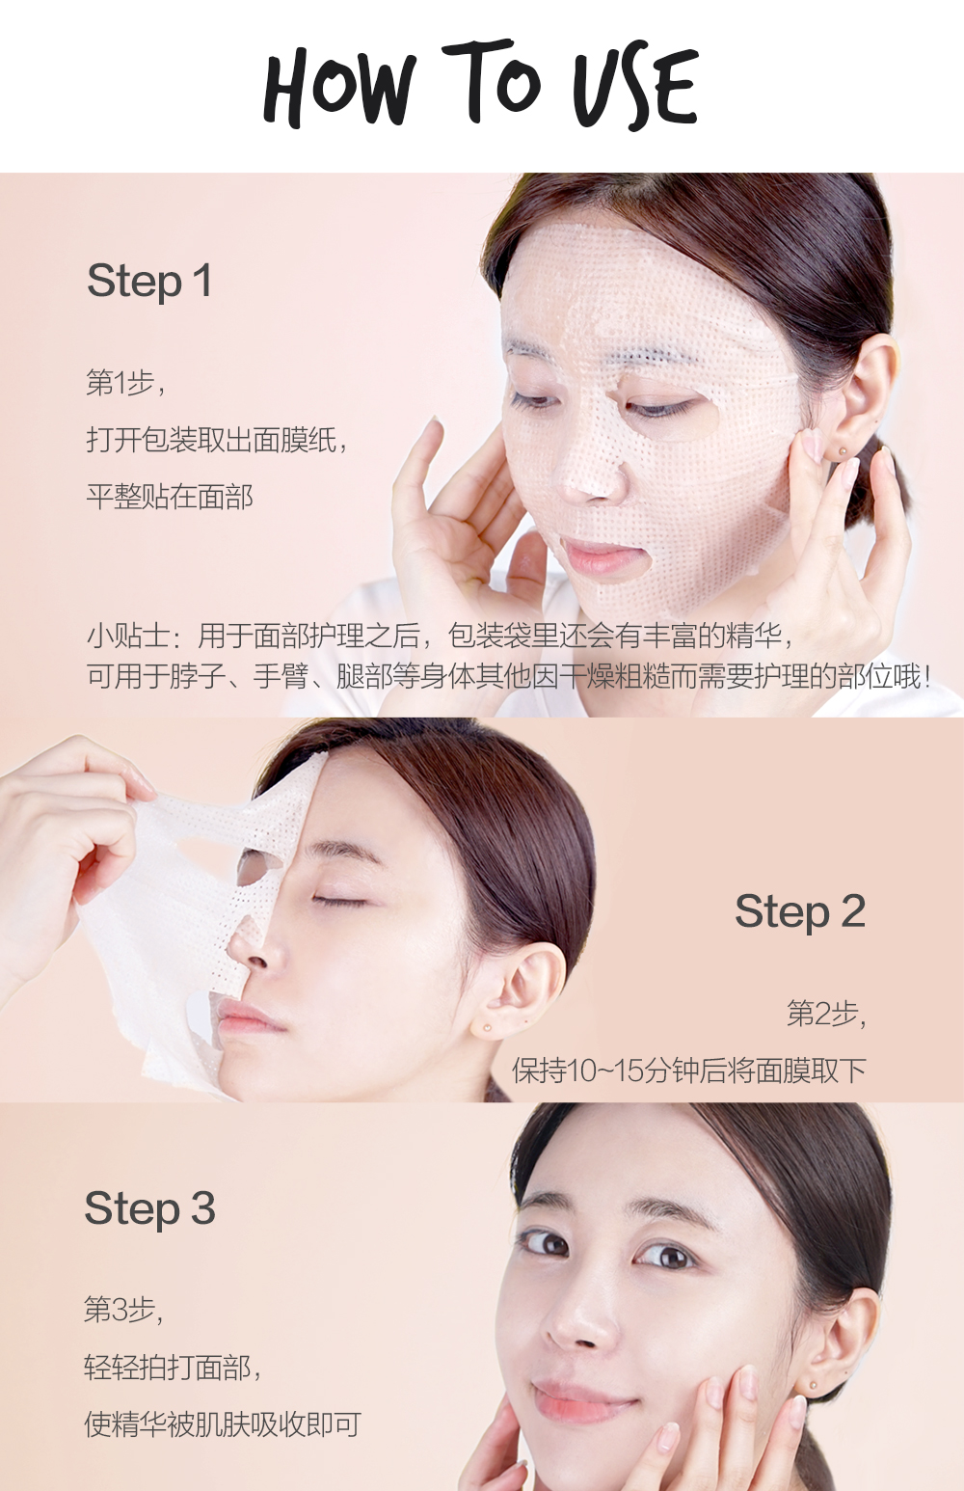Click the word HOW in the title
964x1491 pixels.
click(x=339, y=90)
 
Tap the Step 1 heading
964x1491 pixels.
click(x=149, y=282)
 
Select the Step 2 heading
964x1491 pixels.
click(x=800, y=911)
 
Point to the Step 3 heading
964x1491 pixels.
click(x=149, y=1208)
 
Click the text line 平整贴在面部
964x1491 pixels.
click(x=170, y=497)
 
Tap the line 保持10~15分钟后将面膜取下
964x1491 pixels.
click(x=688, y=1071)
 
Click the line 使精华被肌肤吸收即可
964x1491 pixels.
click(x=222, y=1424)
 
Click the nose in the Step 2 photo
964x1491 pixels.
click(x=260, y=950)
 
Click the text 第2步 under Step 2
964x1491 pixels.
click(x=825, y=1014)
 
